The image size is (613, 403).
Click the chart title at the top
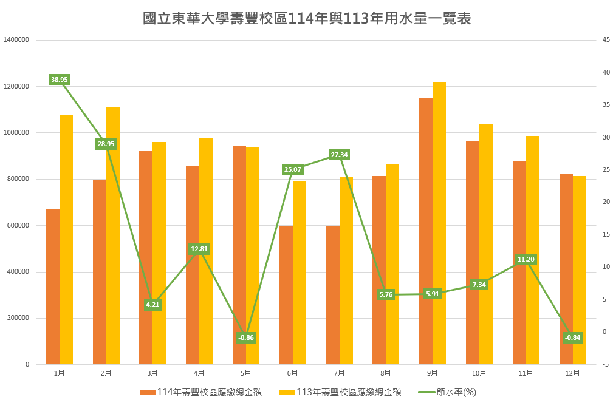point(307,19)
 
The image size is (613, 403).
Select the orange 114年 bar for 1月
point(53,286)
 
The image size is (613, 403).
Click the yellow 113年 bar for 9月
point(439,223)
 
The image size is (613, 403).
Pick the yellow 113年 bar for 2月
point(113,235)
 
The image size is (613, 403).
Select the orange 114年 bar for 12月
point(566,269)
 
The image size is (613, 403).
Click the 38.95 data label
point(60,80)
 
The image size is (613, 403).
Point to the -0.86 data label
point(245,338)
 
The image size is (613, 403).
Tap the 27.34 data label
point(339,155)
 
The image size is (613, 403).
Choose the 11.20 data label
point(526,259)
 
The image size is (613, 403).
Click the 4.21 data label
point(152,305)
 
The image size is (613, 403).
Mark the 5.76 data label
point(386,295)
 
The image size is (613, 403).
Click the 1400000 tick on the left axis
point(16,40)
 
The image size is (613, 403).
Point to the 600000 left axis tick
point(18,226)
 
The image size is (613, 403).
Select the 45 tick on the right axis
point(606,40)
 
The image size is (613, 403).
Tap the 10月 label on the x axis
point(479,373)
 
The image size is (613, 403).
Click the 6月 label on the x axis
point(292,373)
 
